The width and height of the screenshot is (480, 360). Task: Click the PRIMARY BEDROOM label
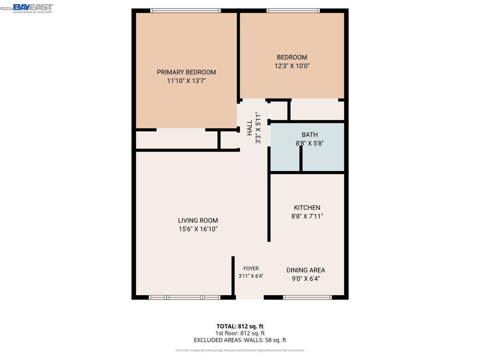pos(186,72)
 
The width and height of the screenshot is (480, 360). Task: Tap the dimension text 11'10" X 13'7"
pos(186,81)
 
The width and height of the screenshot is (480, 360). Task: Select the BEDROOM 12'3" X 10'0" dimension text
pos(292,65)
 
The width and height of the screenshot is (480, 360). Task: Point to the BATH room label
pos(310,135)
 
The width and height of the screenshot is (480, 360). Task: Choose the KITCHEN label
pos(307,208)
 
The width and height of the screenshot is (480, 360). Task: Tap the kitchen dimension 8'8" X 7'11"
pos(307,216)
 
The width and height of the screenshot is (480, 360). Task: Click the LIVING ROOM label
pos(198,220)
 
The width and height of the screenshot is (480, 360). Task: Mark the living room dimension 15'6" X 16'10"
pos(198,229)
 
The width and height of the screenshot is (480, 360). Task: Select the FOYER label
pos(251,268)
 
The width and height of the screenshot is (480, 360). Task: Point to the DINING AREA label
pos(306,270)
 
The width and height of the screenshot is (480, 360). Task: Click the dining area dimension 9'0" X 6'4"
pos(306,278)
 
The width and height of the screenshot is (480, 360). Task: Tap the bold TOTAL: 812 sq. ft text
pos(240,326)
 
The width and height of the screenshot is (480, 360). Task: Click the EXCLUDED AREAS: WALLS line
pos(240,340)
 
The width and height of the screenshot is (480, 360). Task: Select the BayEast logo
pos(33,8)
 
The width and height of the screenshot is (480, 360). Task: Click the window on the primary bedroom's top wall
pos(185,11)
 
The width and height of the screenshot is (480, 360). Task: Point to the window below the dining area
pos(307,297)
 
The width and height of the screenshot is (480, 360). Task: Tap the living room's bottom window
pos(184,297)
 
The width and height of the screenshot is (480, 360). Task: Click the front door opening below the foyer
pos(250,297)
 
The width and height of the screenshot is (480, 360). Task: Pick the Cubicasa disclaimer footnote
pos(240,350)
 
